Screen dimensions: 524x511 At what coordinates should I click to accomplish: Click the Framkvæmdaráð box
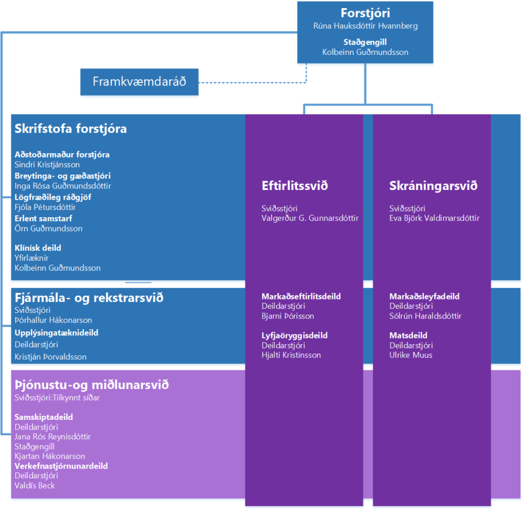[x=139, y=82]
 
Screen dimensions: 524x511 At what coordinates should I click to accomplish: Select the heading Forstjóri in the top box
[x=365, y=13]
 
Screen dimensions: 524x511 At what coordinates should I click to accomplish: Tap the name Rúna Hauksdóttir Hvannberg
[x=365, y=26]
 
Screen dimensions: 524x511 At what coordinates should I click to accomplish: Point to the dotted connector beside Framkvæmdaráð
[x=253, y=82]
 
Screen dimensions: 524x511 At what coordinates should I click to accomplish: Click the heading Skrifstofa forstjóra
[x=71, y=129]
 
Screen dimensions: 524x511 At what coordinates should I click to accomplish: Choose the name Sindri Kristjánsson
[x=47, y=164]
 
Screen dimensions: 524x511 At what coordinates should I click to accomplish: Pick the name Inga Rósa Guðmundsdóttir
[x=62, y=186]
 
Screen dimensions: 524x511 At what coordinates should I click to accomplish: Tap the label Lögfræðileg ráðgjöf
[x=53, y=197]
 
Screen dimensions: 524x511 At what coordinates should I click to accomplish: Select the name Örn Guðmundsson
[x=49, y=228]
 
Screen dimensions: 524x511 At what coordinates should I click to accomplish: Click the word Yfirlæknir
[x=31, y=258]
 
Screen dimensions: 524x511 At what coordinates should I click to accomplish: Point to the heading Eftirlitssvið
[x=295, y=186]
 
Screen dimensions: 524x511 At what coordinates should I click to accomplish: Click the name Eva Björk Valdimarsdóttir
[x=434, y=218]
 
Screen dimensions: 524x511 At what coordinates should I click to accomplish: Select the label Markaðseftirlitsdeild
[x=301, y=296]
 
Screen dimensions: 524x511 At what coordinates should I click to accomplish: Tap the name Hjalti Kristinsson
[x=291, y=355]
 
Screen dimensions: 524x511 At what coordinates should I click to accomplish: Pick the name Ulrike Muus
[x=411, y=355]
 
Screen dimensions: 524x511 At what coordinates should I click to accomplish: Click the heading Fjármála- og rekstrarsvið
[x=89, y=297]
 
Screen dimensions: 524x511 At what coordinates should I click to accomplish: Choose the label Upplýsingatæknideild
[x=56, y=333]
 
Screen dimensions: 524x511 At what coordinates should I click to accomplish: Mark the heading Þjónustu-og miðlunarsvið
[x=92, y=385]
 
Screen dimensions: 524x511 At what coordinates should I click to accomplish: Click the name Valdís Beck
[x=34, y=485]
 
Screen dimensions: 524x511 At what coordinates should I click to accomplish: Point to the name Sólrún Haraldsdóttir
[x=425, y=316]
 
